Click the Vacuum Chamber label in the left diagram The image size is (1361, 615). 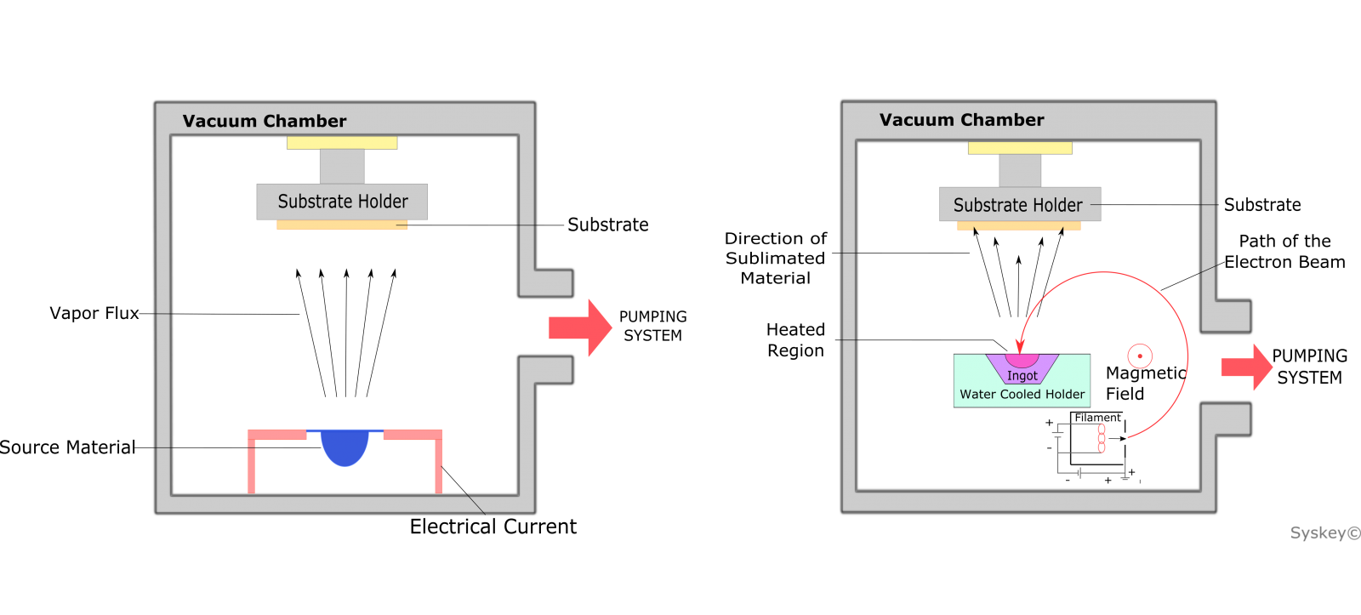(x=265, y=121)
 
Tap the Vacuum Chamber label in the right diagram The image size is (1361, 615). (x=961, y=120)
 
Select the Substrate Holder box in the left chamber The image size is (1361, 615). (x=342, y=202)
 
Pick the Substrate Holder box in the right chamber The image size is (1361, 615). (x=1019, y=205)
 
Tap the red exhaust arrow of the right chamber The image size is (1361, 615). (x=1247, y=367)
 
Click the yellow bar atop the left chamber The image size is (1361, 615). (x=342, y=143)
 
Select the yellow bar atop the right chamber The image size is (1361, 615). (x=1020, y=148)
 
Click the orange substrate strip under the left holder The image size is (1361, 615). (x=342, y=225)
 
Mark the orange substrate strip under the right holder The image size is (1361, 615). (x=1019, y=226)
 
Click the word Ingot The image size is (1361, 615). (x=1022, y=376)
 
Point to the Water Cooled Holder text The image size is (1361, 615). (x=1022, y=395)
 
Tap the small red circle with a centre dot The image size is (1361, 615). (x=1140, y=356)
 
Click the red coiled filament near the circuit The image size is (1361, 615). (x=1102, y=438)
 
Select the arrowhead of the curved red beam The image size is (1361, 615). (x=1021, y=346)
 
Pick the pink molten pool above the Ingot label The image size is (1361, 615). (x=1022, y=361)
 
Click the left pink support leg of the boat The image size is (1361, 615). (x=251, y=464)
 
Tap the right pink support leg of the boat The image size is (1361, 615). (x=438, y=464)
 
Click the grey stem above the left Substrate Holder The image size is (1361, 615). (x=342, y=166)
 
